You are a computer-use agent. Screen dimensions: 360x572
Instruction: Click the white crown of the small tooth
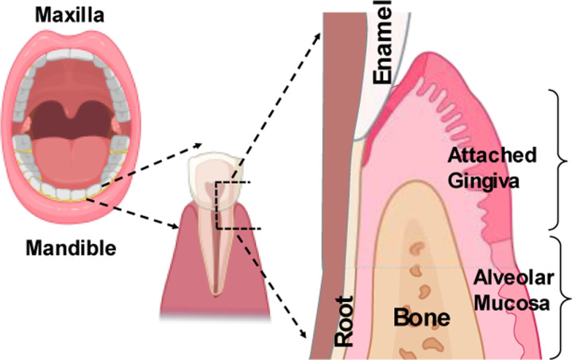(213, 173)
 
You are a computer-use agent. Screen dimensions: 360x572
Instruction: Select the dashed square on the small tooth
(234, 205)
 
